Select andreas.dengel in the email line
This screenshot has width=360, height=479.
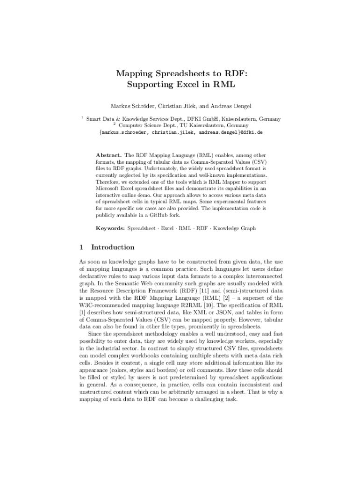point(219,132)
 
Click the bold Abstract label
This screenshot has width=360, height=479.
point(109,154)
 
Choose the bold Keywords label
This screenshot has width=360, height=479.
point(110,228)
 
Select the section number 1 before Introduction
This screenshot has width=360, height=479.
point(81,247)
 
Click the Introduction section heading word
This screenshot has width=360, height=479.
point(113,247)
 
